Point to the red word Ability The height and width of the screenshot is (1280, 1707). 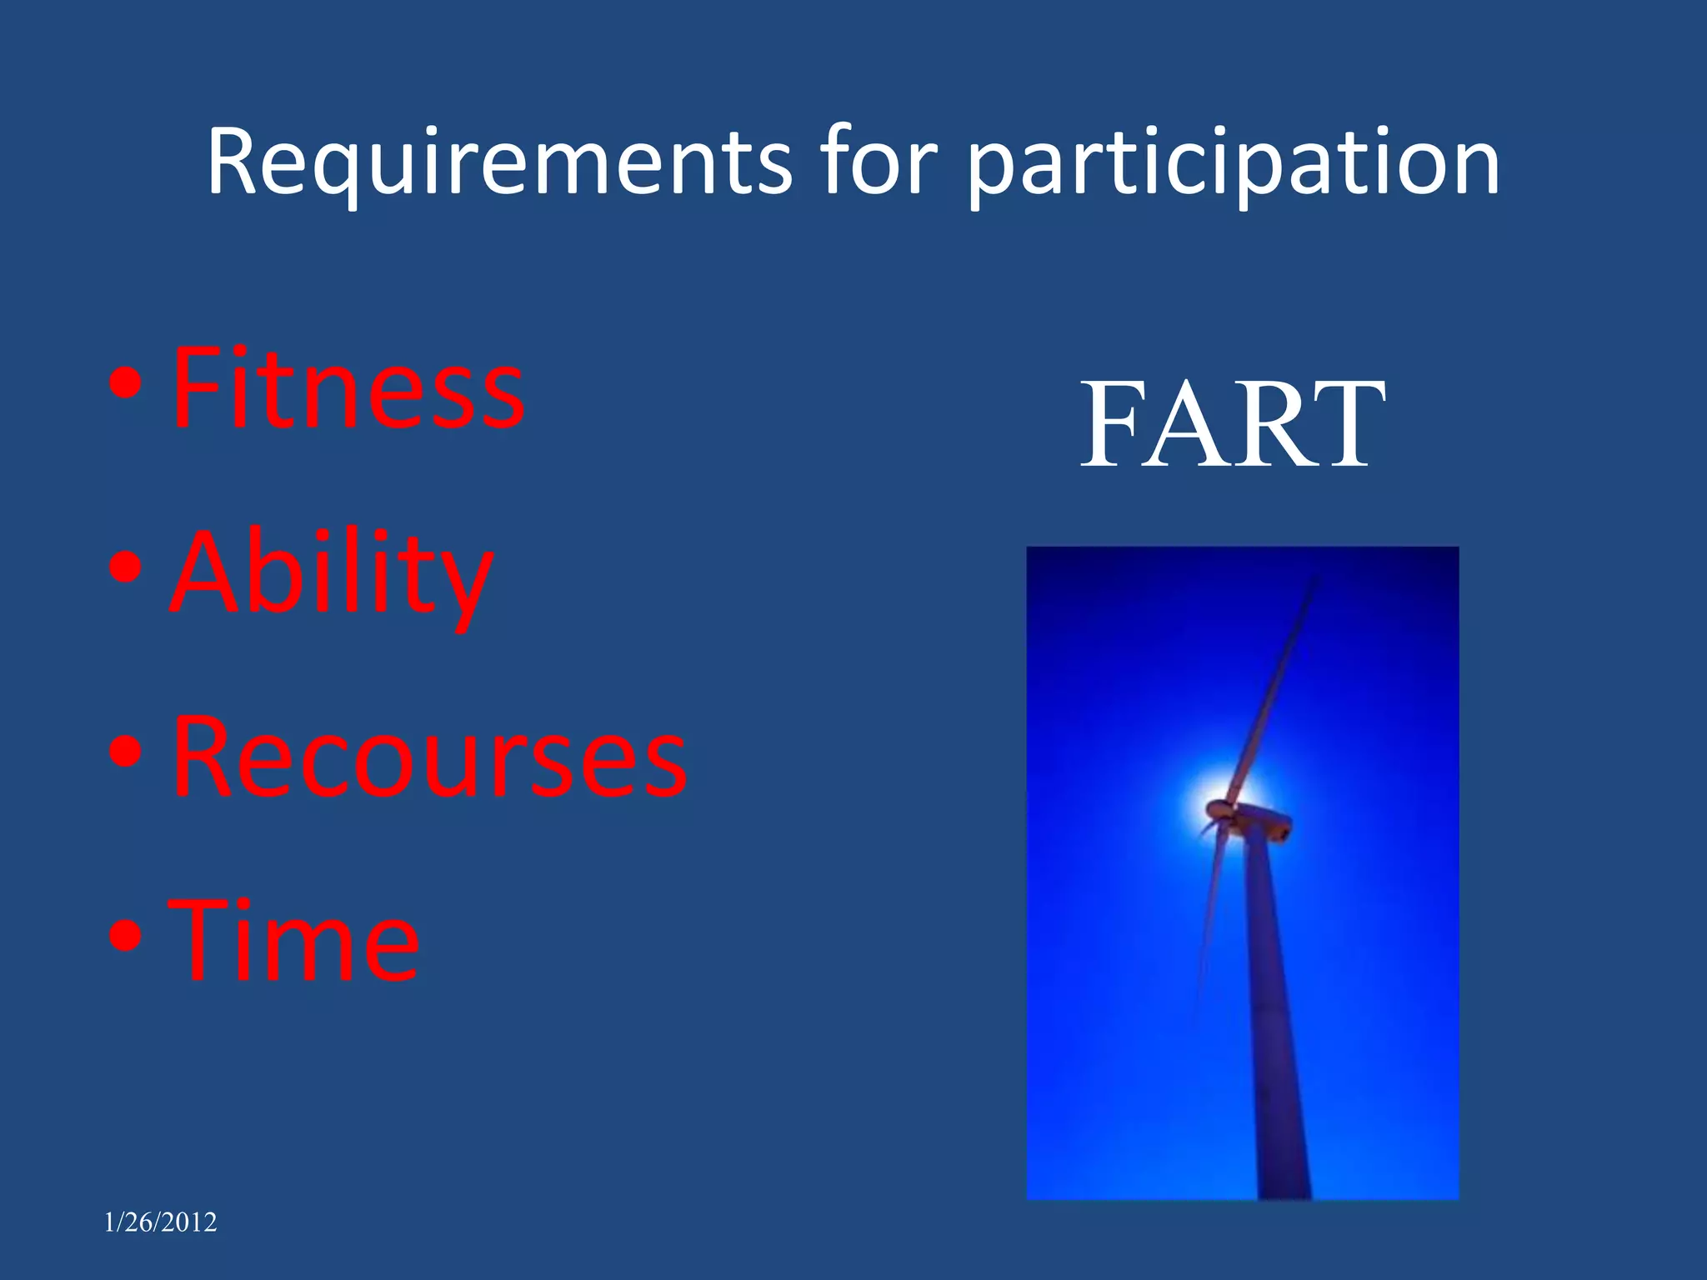pyautogui.click(x=331, y=575)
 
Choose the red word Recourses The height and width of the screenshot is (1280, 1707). pyautogui.click(x=429, y=758)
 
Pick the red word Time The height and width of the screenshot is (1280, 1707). pyautogui.click(x=293, y=942)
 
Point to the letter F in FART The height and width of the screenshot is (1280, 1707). pyautogui.click(x=1113, y=425)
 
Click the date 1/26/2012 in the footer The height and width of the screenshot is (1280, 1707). pyautogui.click(x=160, y=1222)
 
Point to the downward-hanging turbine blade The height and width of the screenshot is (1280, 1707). pyautogui.click(x=1209, y=917)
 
